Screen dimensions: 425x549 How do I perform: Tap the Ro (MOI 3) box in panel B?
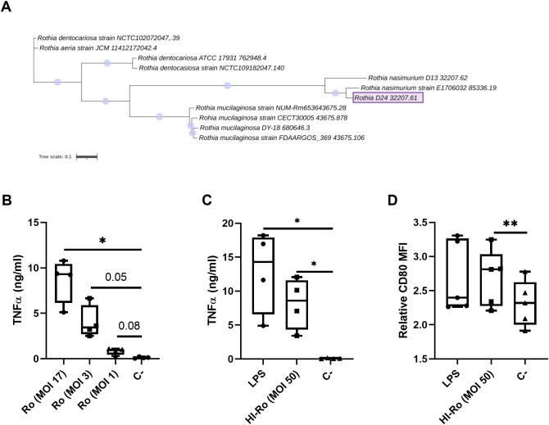(89, 317)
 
